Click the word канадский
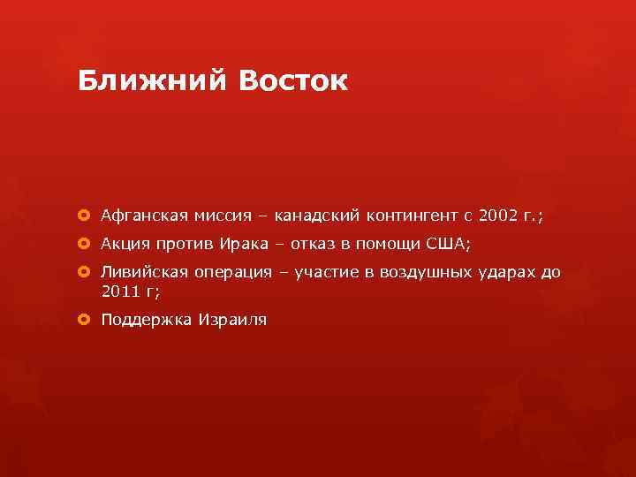[314, 215]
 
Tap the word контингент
[412, 215]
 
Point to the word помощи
[389, 244]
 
